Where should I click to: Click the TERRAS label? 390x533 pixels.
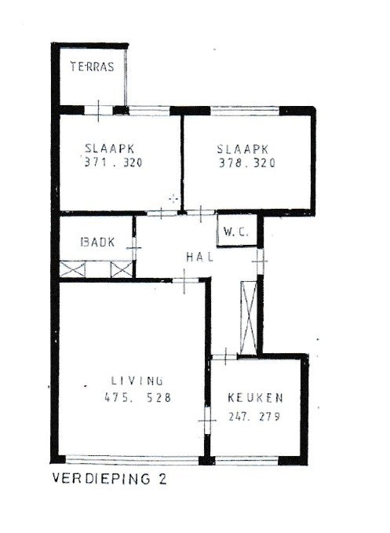click(93, 67)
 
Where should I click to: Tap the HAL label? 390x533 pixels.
click(199, 257)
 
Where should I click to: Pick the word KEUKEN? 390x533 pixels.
click(256, 397)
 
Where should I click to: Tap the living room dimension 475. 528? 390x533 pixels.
click(137, 397)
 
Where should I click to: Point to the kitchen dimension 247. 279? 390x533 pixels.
click(254, 416)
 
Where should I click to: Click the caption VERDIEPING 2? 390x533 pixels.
click(109, 477)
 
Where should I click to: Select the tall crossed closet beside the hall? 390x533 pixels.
click(248, 316)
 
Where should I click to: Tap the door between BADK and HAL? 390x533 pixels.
click(135, 248)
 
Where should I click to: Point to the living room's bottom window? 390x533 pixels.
click(133, 460)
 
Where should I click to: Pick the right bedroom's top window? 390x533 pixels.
click(247, 110)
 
